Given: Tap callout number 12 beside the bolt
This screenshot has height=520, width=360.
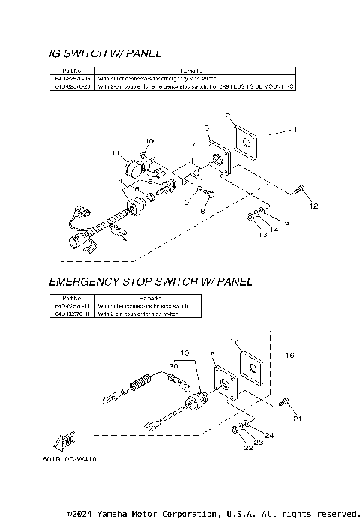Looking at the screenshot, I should coord(313,205).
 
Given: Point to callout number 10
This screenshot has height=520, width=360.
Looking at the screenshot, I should coord(149,141).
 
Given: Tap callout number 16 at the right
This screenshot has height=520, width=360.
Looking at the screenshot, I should coord(289,353).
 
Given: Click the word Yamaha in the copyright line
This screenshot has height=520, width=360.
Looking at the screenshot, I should coord(123,514).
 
